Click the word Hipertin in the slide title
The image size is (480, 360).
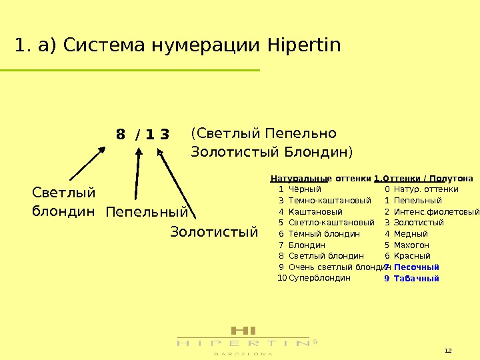[303, 46]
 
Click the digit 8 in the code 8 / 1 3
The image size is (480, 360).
[120, 135]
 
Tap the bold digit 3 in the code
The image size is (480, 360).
[165, 135]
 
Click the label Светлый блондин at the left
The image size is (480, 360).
[64, 202]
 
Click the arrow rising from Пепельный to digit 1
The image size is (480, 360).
[137, 173]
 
